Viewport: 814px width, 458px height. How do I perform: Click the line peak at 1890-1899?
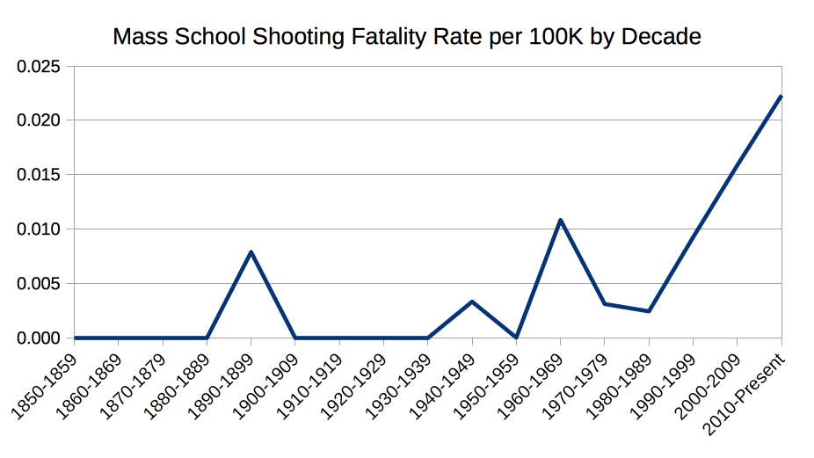tap(251, 252)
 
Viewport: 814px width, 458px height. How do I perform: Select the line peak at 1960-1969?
tap(560, 220)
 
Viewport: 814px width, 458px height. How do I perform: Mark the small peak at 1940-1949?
tap(472, 302)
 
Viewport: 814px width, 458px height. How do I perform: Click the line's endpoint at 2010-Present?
tap(781, 97)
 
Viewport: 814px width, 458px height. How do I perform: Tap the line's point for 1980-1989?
tap(649, 311)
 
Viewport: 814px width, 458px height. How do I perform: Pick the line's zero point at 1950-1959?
tap(516, 338)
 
